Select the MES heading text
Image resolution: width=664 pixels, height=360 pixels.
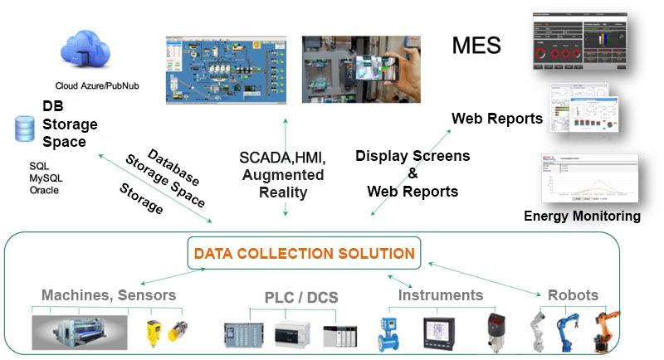click(476, 45)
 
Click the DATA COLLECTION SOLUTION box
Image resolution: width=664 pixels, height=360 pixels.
click(304, 253)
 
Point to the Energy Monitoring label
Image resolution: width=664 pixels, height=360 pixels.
click(582, 216)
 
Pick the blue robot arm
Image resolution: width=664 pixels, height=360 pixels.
click(572, 328)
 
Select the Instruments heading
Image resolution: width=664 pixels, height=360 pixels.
click(440, 294)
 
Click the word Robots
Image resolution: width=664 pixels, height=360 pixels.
click(573, 295)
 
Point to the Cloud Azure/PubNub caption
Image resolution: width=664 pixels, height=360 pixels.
click(91, 86)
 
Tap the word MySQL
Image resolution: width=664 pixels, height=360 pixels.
click(46, 178)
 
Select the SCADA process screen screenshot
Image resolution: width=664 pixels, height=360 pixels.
click(225, 69)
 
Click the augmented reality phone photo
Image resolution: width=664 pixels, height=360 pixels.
click(361, 69)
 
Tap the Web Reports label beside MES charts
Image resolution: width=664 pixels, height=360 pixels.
click(496, 119)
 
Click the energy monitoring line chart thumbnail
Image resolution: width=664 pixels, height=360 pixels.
click(588, 178)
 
